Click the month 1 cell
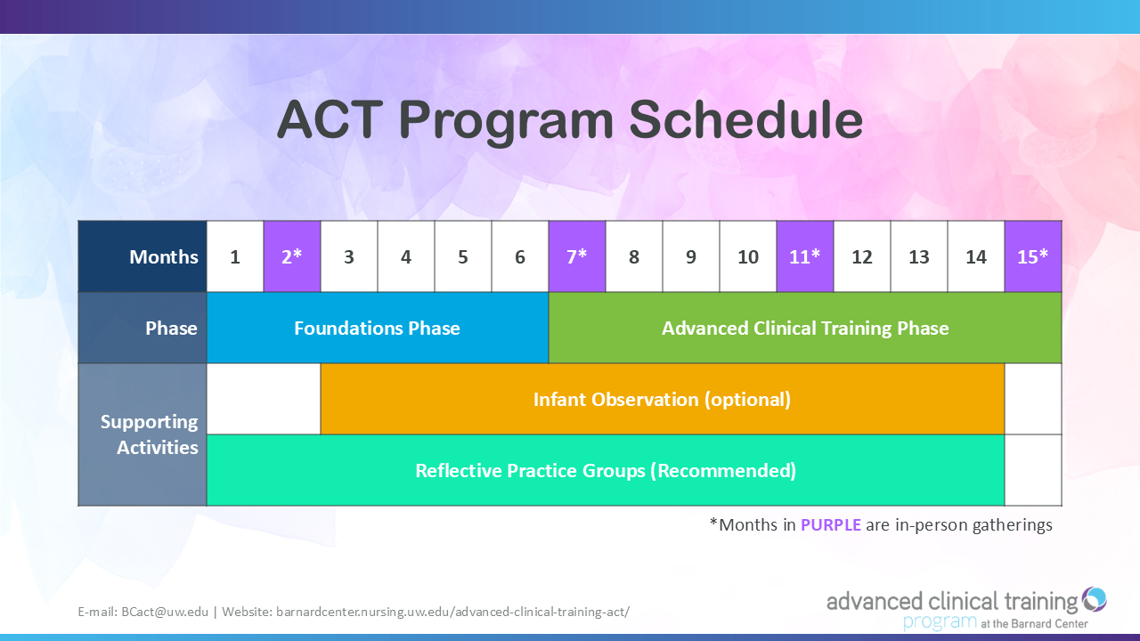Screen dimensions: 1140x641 click(x=235, y=256)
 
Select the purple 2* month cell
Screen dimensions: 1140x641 click(x=292, y=256)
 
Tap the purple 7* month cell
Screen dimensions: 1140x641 click(x=577, y=256)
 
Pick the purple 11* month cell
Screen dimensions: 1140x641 click(x=805, y=256)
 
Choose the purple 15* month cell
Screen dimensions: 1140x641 click(x=1033, y=256)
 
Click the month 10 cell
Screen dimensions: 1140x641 click(x=748, y=256)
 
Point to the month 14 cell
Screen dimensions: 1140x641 click(x=976, y=256)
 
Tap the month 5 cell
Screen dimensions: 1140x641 click(x=463, y=256)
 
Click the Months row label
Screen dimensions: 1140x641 click(x=163, y=257)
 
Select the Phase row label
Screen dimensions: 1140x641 click(x=171, y=329)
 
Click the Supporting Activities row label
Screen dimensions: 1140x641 click(x=149, y=434)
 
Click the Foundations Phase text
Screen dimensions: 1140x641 click(x=377, y=329)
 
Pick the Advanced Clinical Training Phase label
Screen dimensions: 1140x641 click(x=805, y=329)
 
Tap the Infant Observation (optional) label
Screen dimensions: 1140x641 click(x=662, y=400)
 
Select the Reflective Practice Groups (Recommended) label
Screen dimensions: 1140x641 click(x=606, y=471)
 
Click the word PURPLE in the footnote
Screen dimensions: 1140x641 click(x=831, y=524)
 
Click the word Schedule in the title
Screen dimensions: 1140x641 click(x=745, y=119)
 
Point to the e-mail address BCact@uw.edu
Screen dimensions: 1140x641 click(x=165, y=612)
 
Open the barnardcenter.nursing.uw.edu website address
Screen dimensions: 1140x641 click(x=453, y=612)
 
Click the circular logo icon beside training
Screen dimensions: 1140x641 click(x=1094, y=599)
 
